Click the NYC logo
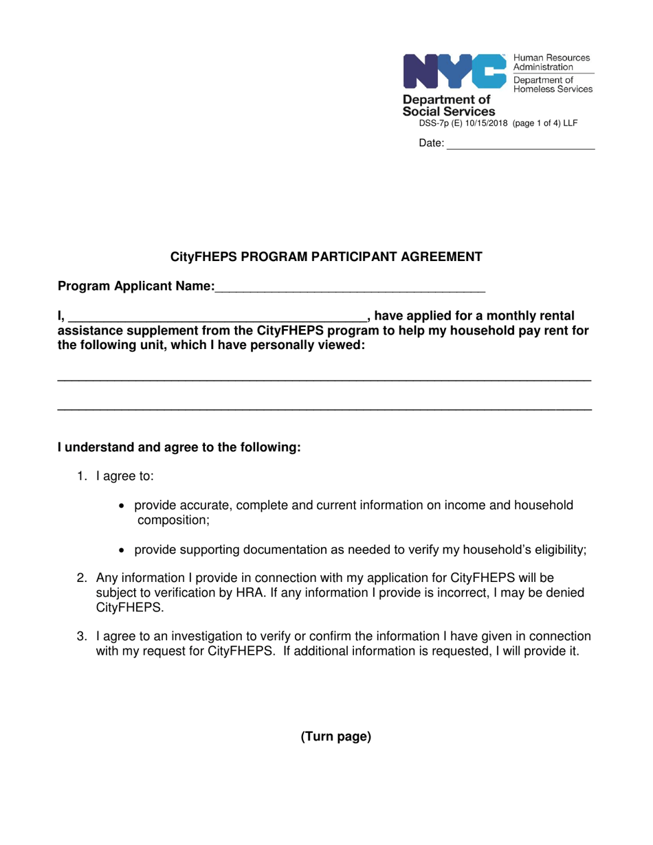click(x=454, y=71)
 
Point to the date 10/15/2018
click(x=485, y=124)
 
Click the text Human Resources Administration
click(x=551, y=63)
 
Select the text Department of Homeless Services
click(x=552, y=84)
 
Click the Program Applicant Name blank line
click(x=350, y=288)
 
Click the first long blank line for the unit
click(x=324, y=380)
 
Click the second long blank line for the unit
click(x=324, y=409)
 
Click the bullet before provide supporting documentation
click(x=122, y=550)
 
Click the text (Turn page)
click(x=335, y=737)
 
